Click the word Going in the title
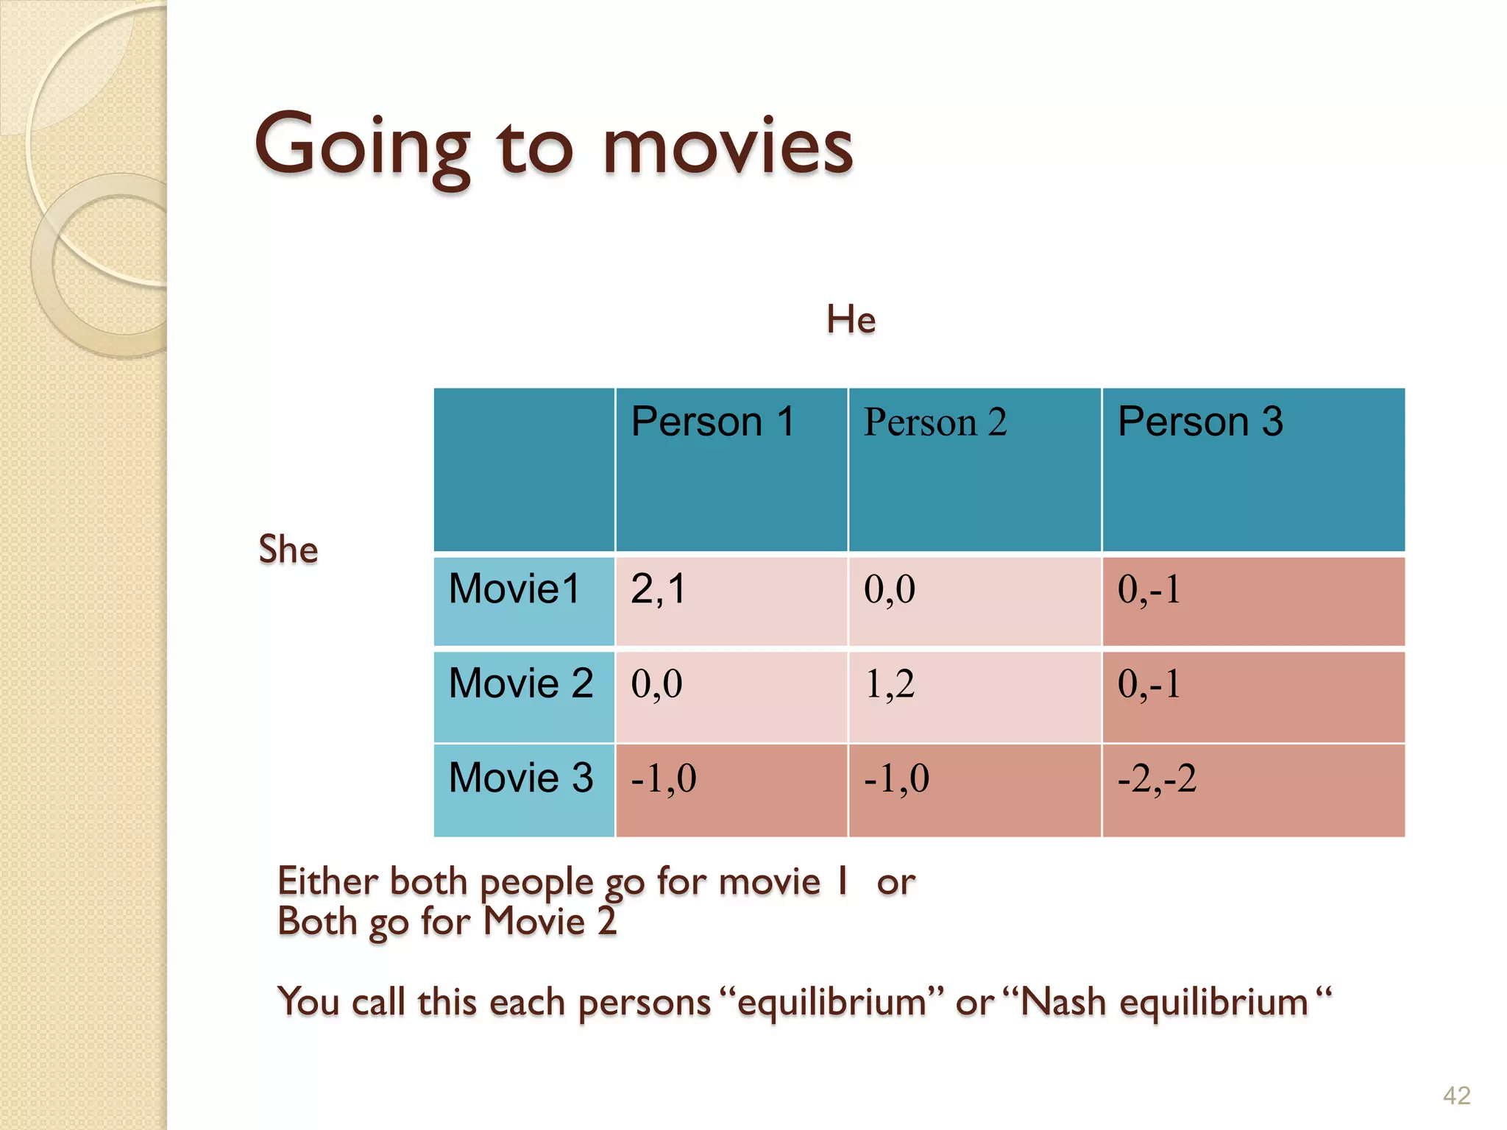[361, 147]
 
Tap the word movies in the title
[728, 147]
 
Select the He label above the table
[851, 319]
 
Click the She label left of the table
[288, 550]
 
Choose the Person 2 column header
[935, 422]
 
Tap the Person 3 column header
[1199, 422]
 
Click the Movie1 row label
[514, 589]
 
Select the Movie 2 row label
[521, 683]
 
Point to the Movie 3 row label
[521, 778]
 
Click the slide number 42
[1456, 1095]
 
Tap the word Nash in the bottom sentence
[1063, 1002]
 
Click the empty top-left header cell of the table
[524, 469]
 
